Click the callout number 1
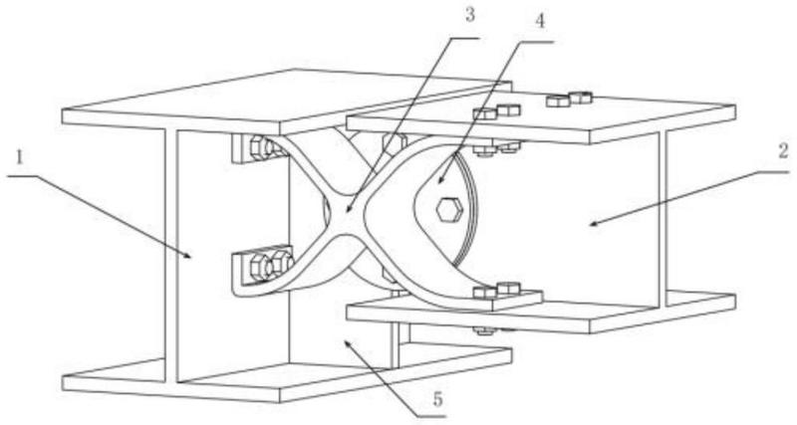20,158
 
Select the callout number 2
783,151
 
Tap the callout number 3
469,15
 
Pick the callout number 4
540,21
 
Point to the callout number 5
438,399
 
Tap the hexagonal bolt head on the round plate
449,209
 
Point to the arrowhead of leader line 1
189,255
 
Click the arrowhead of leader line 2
594,222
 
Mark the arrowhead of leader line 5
348,343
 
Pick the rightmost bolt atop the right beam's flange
580,97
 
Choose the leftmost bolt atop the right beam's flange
483,113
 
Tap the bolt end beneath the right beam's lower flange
484,330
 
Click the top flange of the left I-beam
286,102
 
